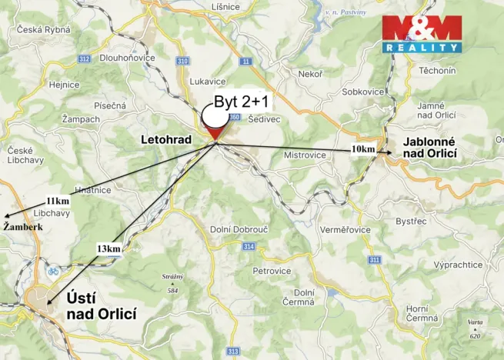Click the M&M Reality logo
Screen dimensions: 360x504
pos(422,34)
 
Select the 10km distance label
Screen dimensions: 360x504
pos(363,148)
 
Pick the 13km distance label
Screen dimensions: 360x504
pos(108,248)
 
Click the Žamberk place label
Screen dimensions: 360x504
pos(22,227)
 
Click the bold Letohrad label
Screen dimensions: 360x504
pos(165,140)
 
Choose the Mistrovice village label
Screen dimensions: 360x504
pos(305,155)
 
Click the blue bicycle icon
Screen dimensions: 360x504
pos(53,271)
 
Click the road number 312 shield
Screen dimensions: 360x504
pos(84,58)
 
